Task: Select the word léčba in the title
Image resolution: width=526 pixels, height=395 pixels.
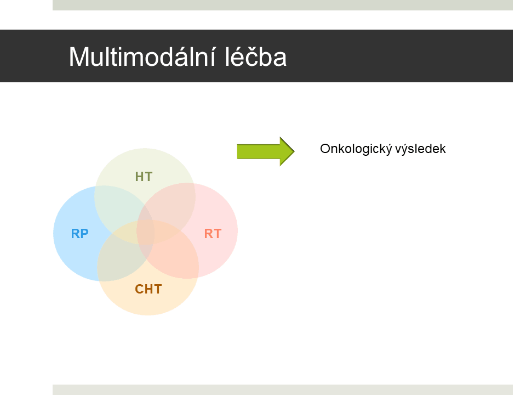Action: (x=256, y=57)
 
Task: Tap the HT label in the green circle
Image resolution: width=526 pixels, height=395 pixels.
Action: (x=144, y=177)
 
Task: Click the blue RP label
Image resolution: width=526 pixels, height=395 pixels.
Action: (x=80, y=234)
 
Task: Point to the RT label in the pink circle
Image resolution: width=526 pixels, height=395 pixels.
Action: (x=213, y=234)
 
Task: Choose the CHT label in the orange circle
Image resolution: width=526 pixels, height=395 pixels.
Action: (x=148, y=289)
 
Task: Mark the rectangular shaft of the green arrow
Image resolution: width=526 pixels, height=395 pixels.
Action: (x=258, y=151)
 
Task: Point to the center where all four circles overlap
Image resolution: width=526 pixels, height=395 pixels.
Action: (x=146, y=232)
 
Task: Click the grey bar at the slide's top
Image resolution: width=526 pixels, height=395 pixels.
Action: (x=283, y=5)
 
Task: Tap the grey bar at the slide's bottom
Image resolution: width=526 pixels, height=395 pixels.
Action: (x=283, y=390)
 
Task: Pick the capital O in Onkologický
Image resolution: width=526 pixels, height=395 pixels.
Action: (x=325, y=149)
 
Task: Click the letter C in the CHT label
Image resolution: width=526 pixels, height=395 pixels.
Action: (x=139, y=289)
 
